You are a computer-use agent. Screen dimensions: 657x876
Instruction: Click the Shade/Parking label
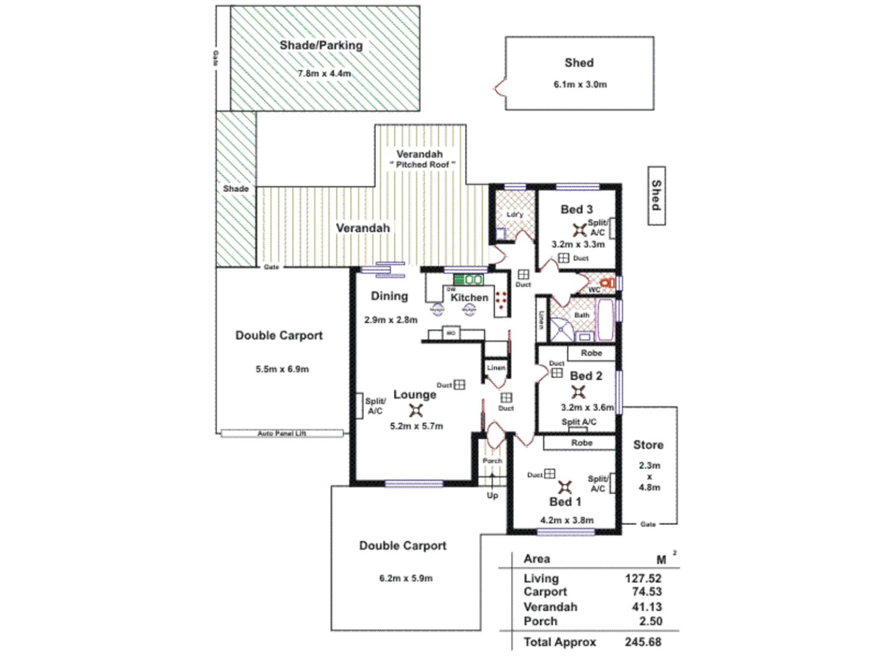click(x=321, y=46)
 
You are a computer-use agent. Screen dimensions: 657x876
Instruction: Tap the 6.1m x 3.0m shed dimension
click(x=580, y=85)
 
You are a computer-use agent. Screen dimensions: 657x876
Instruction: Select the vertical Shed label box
click(x=656, y=195)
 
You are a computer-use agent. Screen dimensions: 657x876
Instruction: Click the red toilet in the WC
click(x=606, y=283)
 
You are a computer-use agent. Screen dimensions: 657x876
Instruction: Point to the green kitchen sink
click(x=468, y=280)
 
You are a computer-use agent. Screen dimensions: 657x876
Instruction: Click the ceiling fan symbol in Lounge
click(x=415, y=410)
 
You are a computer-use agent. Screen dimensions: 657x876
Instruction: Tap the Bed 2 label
click(x=586, y=376)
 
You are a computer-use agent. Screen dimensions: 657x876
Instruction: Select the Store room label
click(x=648, y=445)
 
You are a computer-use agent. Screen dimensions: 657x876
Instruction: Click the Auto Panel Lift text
click(x=282, y=433)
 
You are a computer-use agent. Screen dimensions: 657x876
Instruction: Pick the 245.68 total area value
click(x=642, y=642)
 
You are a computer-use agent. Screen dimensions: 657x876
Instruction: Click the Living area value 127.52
click(x=642, y=579)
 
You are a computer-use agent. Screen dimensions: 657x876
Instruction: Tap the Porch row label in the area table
click(x=540, y=621)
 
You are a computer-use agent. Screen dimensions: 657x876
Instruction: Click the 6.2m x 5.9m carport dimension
click(x=406, y=578)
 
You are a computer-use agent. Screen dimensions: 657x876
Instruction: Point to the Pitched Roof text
click(x=422, y=165)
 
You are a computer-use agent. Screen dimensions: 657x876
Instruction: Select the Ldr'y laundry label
click(x=515, y=214)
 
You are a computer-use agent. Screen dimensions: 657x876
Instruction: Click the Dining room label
click(x=389, y=296)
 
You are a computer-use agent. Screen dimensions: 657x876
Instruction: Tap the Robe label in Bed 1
click(x=582, y=443)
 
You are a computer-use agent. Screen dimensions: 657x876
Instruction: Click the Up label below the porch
click(x=492, y=495)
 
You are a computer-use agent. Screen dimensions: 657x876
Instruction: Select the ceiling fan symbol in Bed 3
click(x=579, y=230)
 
